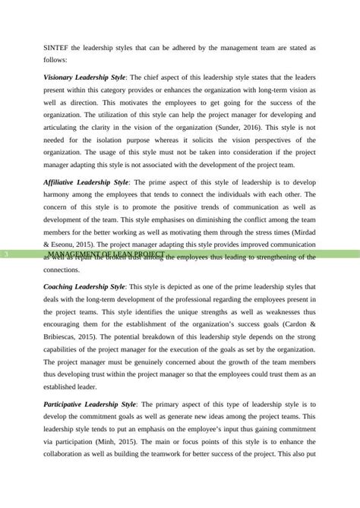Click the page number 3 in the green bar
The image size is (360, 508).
coord(7,252)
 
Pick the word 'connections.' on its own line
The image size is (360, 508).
coord(65,269)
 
